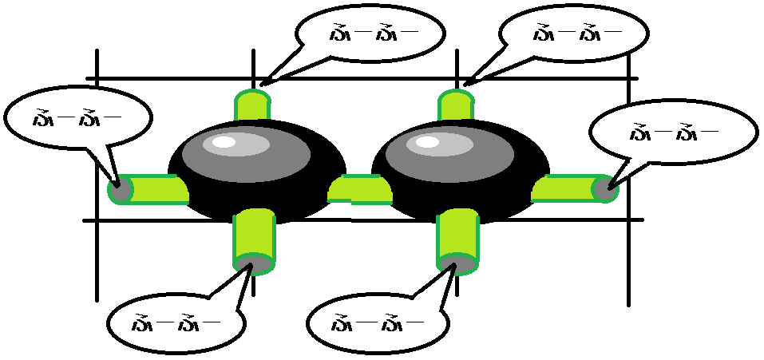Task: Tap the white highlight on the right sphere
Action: point(429,143)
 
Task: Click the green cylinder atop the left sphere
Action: point(253,106)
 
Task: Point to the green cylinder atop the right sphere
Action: point(457,106)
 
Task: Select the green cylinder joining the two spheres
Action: point(359,189)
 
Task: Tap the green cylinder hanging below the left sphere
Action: point(255,231)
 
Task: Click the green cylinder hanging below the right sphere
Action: point(458,231)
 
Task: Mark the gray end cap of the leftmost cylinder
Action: point(120,190)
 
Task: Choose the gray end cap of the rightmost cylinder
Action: point(605,188)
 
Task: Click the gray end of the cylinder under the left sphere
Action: point(255,263)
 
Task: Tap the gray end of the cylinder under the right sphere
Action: point(458,263)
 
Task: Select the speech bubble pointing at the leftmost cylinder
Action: point(77,119)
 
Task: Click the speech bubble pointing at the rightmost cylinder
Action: point(673,132)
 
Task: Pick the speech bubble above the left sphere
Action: point(369,34)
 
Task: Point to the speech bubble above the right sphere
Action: point(574,34)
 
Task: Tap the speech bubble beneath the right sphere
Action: point(376,323)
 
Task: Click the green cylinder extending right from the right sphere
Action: point(563,188)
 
